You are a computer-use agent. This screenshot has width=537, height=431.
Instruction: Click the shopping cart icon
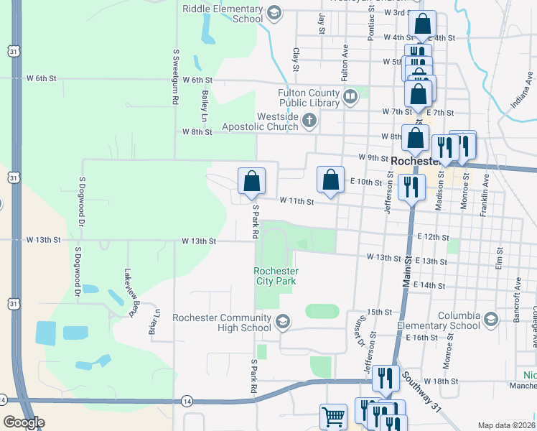[333, 416]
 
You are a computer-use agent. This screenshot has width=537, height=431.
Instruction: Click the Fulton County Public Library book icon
[350, 96]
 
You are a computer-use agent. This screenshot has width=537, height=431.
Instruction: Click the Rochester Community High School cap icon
[283, 321]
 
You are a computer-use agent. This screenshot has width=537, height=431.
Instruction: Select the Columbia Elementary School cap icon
[491, 319]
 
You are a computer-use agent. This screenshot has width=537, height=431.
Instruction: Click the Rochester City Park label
[276, 276]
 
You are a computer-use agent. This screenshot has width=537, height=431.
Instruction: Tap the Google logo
[24, 422]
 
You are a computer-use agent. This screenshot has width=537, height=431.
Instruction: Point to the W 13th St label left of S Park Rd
[199, 241]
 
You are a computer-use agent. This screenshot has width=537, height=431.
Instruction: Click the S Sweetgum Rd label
[175, 78]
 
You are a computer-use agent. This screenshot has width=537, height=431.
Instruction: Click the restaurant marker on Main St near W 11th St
[411, 187]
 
